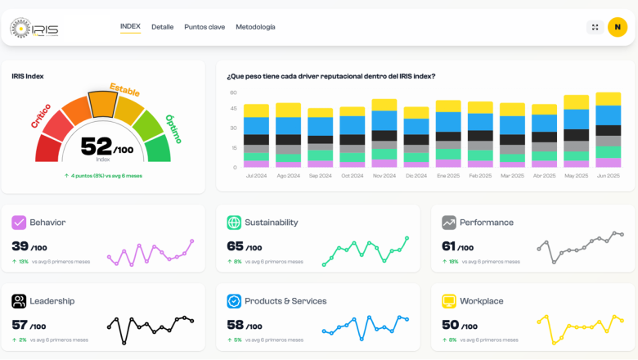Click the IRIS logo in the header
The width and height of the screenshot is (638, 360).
pos(34,29)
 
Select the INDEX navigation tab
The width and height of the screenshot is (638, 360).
pos(130,26)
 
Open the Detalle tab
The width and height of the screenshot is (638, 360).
pos(162,27)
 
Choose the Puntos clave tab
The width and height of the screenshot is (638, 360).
pos(204,27)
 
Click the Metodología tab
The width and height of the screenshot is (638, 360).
pos(255,27)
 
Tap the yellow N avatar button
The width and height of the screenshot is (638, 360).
pos(618,27)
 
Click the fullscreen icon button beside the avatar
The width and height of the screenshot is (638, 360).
pos(595,27)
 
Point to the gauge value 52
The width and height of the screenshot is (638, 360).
pos(97,146)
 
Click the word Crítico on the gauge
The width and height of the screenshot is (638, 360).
pos(41,115)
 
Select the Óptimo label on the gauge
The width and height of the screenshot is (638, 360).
pos(173,128)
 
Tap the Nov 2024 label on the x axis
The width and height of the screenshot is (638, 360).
pos(384,176)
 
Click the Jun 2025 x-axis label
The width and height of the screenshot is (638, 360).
pos(608,176)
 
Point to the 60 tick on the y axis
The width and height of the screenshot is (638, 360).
pos(233,92)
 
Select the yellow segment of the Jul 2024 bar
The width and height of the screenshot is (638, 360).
pos(256,110)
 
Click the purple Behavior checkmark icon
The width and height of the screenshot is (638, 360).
pos(19,223)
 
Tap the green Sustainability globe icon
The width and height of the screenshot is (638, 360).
pos(234,223)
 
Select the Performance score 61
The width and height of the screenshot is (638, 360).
pos(448,246)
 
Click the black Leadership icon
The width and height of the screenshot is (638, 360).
pos(19,301)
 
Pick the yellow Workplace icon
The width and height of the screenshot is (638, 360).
pos(449,301)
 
